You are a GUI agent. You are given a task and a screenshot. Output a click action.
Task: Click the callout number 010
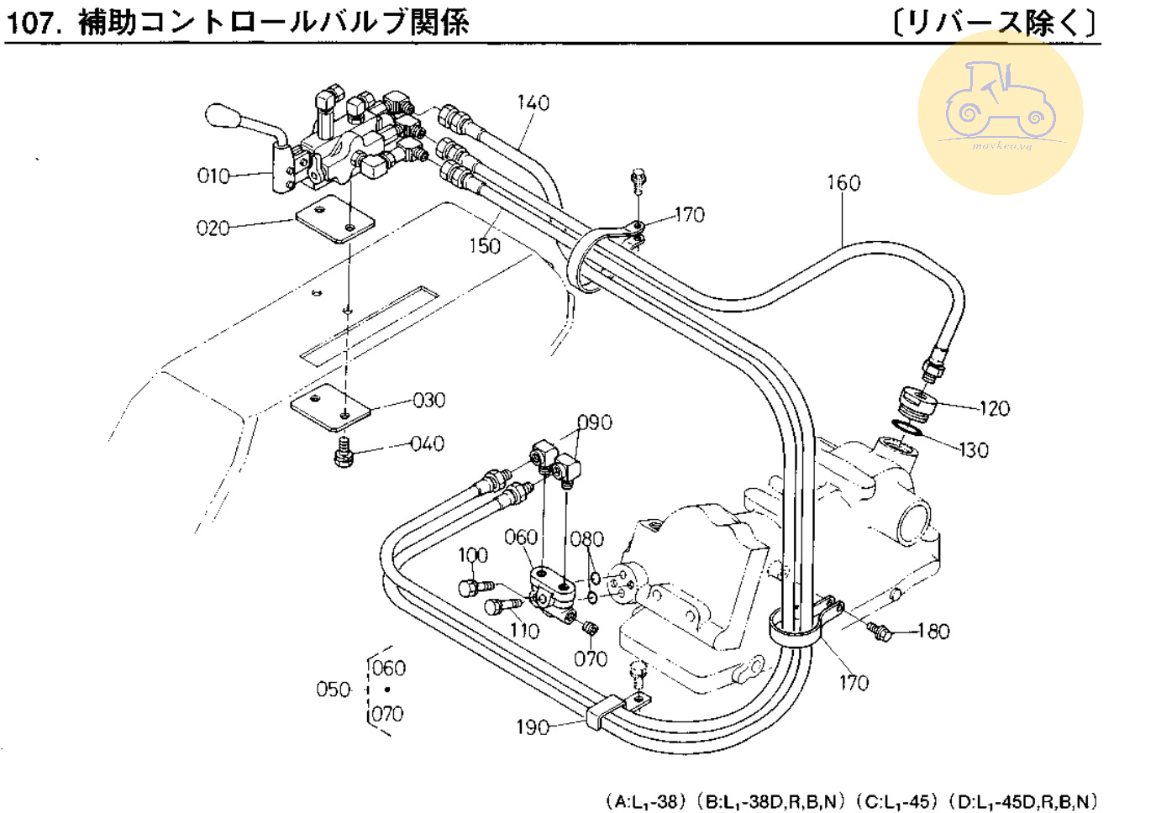(x=213, y=176)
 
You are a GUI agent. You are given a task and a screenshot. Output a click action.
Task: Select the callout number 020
(x=213, y=228)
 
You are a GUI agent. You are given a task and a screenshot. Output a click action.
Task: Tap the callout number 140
(x=533, y=102)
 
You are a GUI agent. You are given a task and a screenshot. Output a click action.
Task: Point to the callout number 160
(x=843, y=182)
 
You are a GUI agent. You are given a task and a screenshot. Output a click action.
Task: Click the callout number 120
(x=994, y=408)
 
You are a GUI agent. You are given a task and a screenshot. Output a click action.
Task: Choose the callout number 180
(x=933, y=631)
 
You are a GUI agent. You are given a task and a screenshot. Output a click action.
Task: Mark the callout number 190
(x=533, y=726)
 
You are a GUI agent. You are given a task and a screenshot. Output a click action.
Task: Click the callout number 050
(x=333, y=690)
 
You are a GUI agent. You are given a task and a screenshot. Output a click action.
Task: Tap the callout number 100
(x=472, y=555)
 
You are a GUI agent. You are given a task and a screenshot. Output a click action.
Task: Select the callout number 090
(x=595, y=422)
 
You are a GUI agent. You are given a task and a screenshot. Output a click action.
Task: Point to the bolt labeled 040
(x=343, y=452)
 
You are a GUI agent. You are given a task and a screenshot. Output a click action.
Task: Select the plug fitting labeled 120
(x=917, y=401)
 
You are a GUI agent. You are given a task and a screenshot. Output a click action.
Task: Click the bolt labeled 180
(x=879, y=630)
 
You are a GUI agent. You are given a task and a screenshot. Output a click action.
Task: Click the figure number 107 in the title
(x=34, y=22)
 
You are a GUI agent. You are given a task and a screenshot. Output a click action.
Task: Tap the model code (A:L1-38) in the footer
(x=645, y=800)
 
